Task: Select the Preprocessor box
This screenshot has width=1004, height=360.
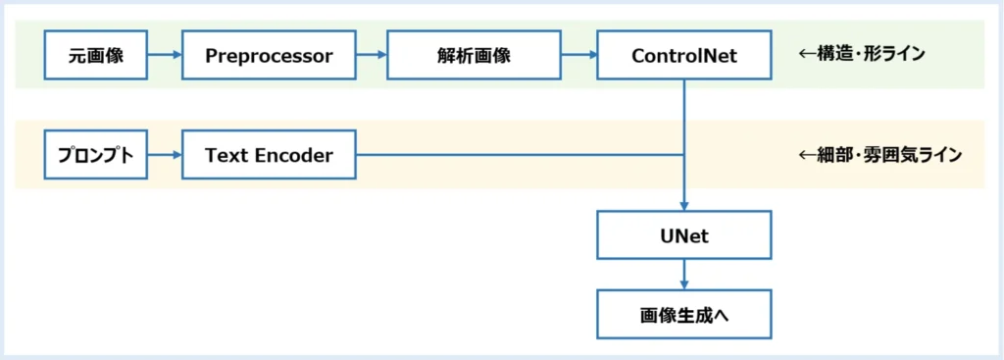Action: tap(269, 55)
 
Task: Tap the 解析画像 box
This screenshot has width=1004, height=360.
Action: tap(475, 55)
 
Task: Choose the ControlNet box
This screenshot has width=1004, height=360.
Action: tap(684, 55)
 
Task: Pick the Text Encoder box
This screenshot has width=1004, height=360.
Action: tap(269, 155)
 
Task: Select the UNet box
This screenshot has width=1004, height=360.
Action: tap(684, 237)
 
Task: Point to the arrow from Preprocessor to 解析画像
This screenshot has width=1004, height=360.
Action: tap(372, 55)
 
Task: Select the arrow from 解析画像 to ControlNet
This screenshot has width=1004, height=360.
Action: tap(579, 55)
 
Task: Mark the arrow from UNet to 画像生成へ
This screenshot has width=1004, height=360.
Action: tap(684, 276)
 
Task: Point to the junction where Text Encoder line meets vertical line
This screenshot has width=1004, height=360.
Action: tap(684, 155)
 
